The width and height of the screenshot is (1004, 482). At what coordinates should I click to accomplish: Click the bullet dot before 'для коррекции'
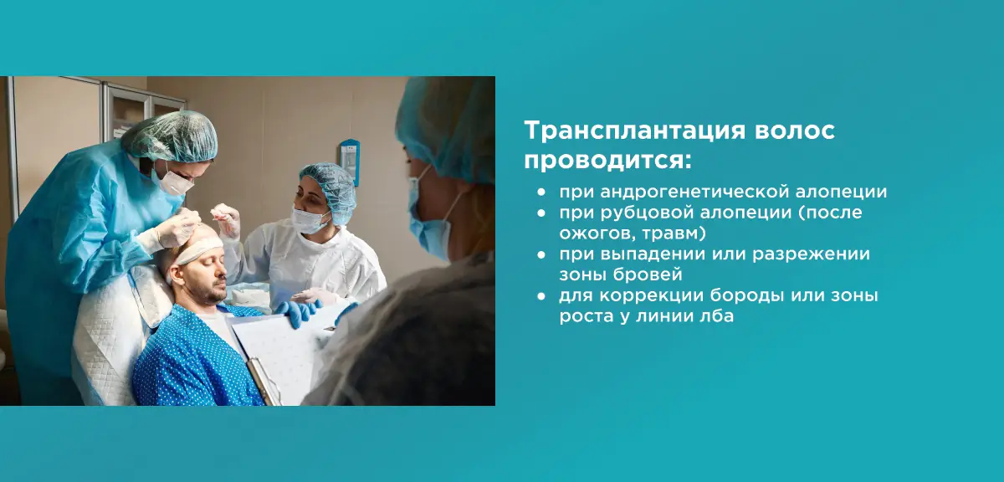(x=543, y=296)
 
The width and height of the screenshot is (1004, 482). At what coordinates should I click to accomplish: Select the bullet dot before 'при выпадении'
(x=543, y=254)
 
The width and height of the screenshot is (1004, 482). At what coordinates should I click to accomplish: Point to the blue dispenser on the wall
(x=349, y=160)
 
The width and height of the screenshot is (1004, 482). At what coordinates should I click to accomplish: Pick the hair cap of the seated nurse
(x=328, y=182)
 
